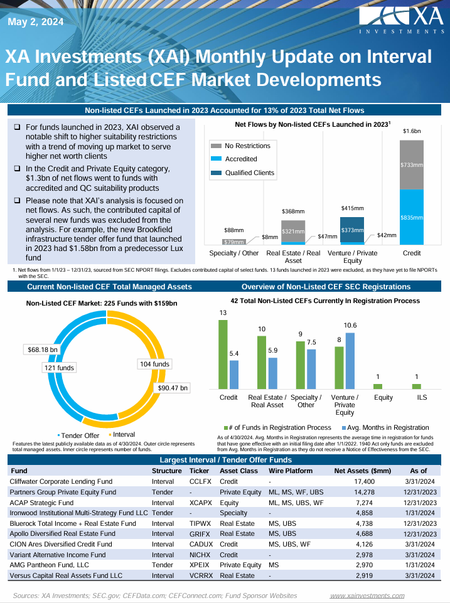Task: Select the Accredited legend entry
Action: click(240, 159)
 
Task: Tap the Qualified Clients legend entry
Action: click(249, 173)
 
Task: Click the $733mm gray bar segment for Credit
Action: click(412, 164)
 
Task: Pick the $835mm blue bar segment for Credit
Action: click(412, 217)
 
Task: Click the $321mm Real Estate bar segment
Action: click(293, 231)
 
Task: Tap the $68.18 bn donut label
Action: click(42, 349)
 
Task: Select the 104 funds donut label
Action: click(154, 364)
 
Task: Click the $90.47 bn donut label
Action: click(173, 388)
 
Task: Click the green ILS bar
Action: click(417, 386)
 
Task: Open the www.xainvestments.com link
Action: click(367, 595)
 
